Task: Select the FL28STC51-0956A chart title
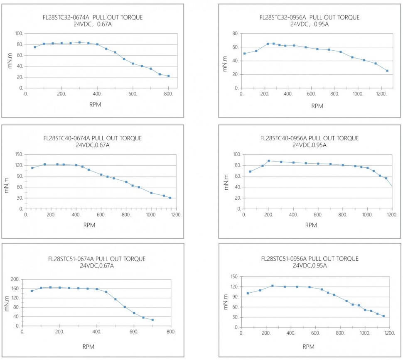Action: pos(310,259)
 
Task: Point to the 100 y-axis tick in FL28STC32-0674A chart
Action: pos(19,34)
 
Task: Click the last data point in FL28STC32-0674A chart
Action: pos(168,76)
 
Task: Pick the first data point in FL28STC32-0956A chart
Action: pos(244,54)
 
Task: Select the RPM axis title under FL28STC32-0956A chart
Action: pos(317,106)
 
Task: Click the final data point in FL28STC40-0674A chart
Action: pos(170,198)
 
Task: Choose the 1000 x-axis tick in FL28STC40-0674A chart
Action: pos(151,215)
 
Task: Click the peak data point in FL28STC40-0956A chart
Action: pos(269,161)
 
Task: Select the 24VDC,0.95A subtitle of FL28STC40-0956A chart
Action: pos(310,145)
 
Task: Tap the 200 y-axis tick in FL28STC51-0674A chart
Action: pos(15,279)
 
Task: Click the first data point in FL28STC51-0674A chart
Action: pos(32,291)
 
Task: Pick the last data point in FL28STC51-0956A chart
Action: pos(383,316)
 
